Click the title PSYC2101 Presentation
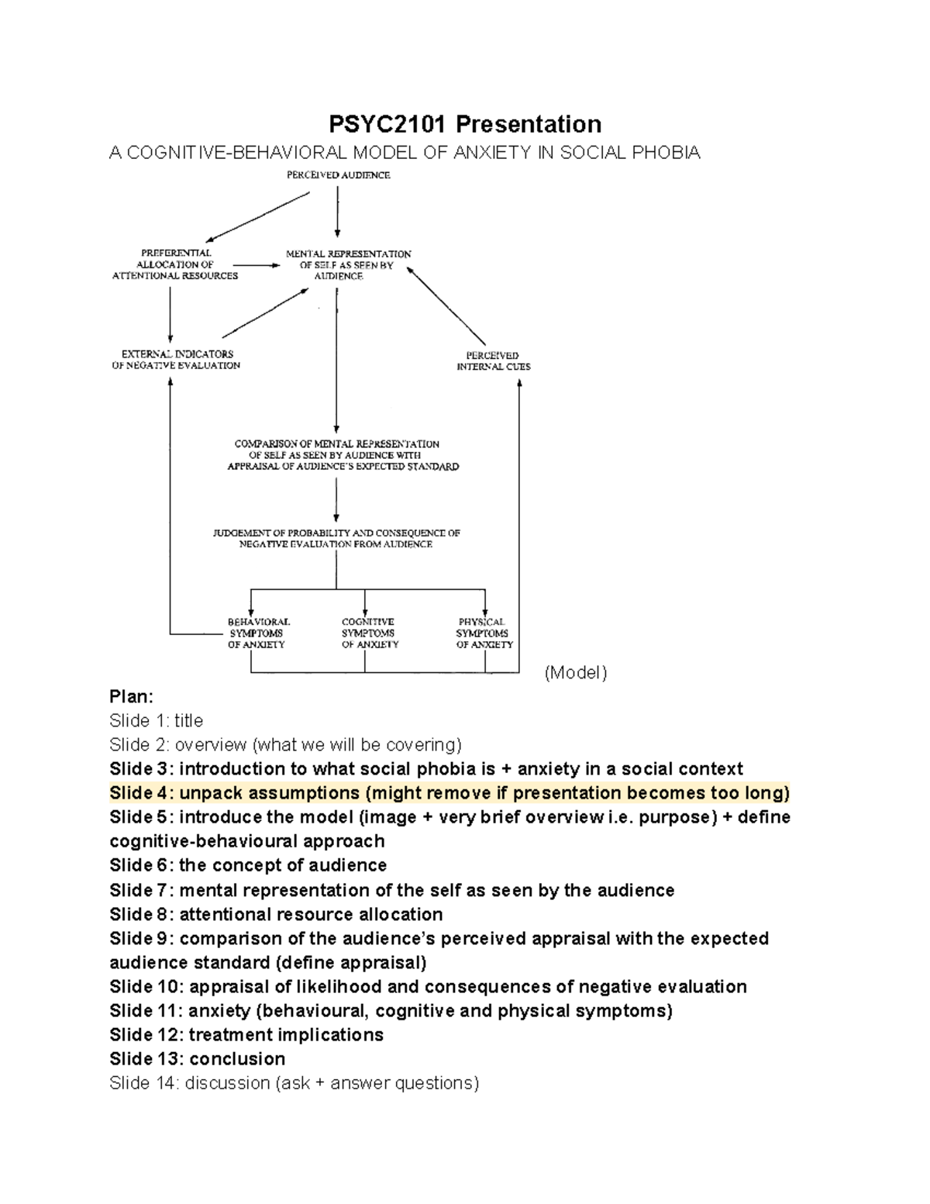pos(464,124)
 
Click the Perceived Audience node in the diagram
pos(338,175)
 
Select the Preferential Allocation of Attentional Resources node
pos(175,264)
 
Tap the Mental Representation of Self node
pos(348,265)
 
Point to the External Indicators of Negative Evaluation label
pos(177,360)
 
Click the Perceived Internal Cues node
pos(493,361)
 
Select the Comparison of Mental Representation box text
pos(343,455)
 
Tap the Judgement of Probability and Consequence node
pos(336,539)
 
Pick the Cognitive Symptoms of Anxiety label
pos(369,633)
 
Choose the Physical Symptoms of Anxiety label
pos(484,633)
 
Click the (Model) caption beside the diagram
pos(575,673)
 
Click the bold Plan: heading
pos(132,696)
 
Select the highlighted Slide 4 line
pos(449,793)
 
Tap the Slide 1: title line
pos(157,721)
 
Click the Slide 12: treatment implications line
pos(246,1035)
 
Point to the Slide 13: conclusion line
pos(198,1059)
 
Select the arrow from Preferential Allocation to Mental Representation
pos(261,265)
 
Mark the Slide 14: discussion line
pos(294,1083)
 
